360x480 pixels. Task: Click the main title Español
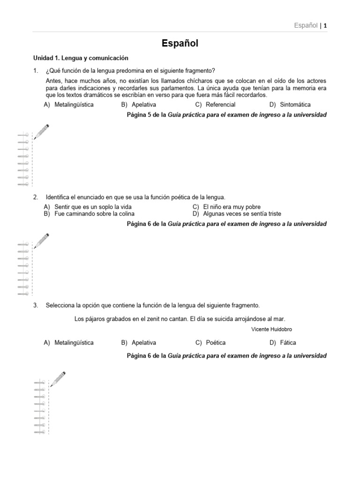pos(180,44)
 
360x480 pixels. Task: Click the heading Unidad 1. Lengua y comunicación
pos(80,58)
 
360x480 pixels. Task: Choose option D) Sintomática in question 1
pos(290,105)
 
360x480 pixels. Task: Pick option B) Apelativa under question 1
pos(139,105)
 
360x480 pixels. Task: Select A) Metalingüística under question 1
pos(69,105)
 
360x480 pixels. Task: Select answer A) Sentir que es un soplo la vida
pos(88,207)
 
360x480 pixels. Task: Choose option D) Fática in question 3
pos(283,343)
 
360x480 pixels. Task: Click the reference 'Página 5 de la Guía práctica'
pos(227,115)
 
